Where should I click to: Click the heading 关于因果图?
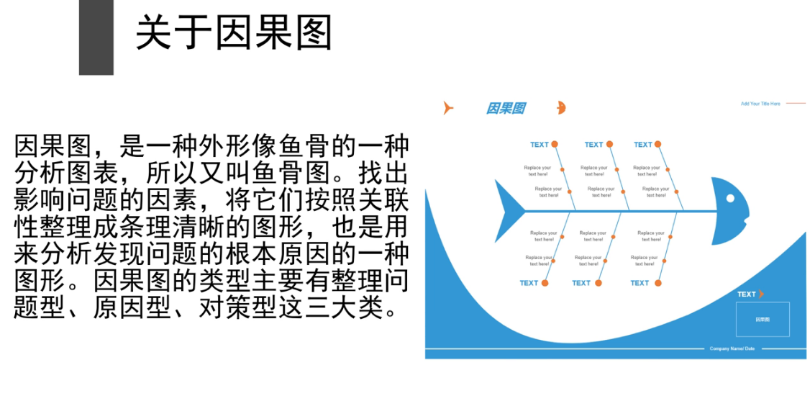tap(234, 33)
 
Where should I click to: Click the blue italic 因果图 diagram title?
tap(505, 109)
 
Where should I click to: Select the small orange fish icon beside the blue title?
tap(561, 108)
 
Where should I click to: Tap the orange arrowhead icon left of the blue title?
tap(447, 109)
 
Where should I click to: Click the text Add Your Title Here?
tap(760, 104)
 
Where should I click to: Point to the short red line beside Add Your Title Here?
tap(796, 104)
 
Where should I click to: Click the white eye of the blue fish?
tap(730, 198)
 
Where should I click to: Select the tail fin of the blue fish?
tap(510, 211)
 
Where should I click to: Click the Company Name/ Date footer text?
tap(732, 348)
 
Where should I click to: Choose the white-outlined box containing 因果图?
tap(763, 319)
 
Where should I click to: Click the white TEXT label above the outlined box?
tap(746, 294)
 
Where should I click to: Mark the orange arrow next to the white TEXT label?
tap(761, 294)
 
